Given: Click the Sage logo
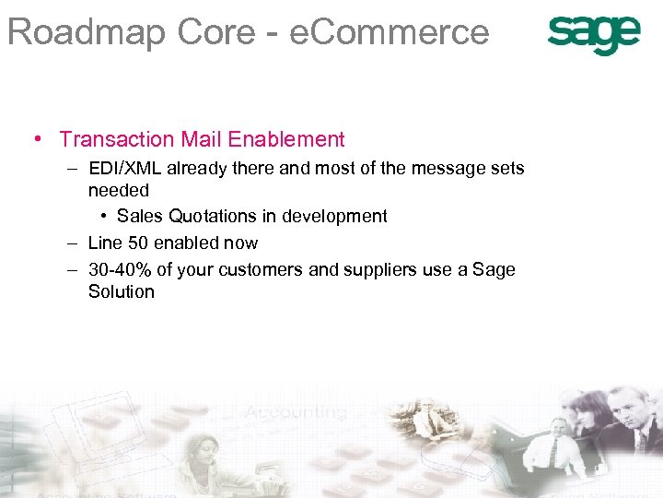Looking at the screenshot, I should [593, 34].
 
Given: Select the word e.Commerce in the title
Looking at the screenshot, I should [389, 32].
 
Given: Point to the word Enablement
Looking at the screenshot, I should [286, 140].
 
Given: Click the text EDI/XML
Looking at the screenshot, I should [124, 169].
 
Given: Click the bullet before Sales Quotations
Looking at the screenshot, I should [106, 217].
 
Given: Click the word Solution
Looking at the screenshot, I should [121, 292].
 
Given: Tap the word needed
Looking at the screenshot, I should [118, 190].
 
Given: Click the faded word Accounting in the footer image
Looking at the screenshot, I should [297, 412].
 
